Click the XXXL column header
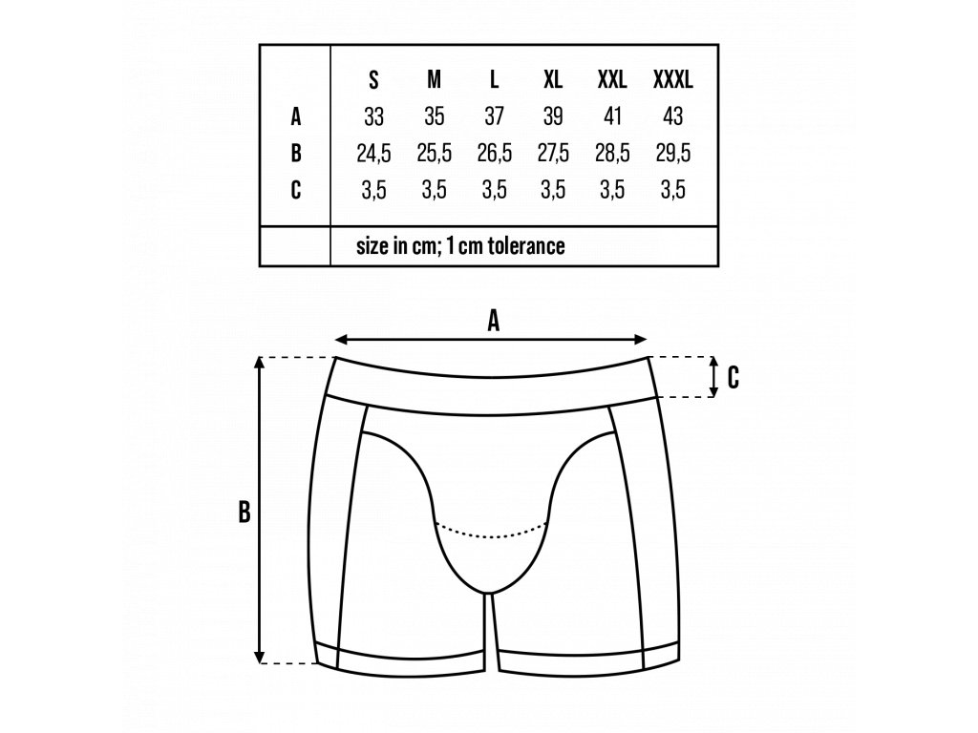(672, 80)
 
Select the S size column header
(374, 80)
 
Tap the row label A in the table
(296, 117)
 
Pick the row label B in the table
(296, 153)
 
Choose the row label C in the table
(296, 189)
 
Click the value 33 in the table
(374, 117)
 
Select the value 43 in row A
(672, 117)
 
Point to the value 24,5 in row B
(373, 153)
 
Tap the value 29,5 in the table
(672, 153)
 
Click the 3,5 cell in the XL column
(553, 189)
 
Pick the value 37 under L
(494, 117)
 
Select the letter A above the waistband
(494, 322)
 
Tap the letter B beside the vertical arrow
(244, 513)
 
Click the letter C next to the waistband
(733, 378)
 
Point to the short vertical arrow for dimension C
(713, 377)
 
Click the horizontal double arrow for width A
(493, 340)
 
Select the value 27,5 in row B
(553, 153)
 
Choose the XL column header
(553, 80)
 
